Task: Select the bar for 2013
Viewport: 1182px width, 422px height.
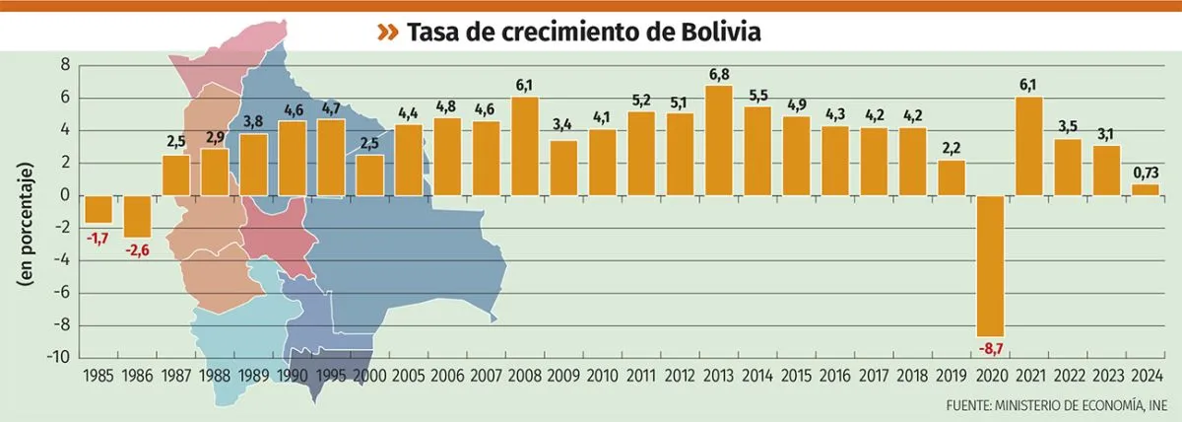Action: pyautogui.click(x=719, y=141)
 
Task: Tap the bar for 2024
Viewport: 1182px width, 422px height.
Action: pyautogui.click(x=1146, y=190)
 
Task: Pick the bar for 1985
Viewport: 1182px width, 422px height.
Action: pyautogui.click(x=98, y=209)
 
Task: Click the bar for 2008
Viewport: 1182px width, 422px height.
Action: pyautogui.click(x=525, y=146)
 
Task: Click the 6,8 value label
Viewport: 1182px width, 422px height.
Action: pyautogui.click(x=719, y=75)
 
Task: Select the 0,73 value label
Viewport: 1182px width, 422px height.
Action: pyautogui.click(x=1146, y=174)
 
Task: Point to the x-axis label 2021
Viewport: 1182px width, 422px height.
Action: pyautogui.click(x=1029, y=376)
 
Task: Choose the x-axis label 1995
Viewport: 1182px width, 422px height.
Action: pyautogui.click(x=331, y=376)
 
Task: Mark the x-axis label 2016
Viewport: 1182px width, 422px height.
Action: pyautogui.click(x=835, y=376)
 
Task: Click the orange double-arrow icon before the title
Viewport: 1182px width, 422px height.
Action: pyautogui.click(x=389, y=33)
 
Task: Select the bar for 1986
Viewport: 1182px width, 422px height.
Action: pyautogui.click(x=138, y=216)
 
